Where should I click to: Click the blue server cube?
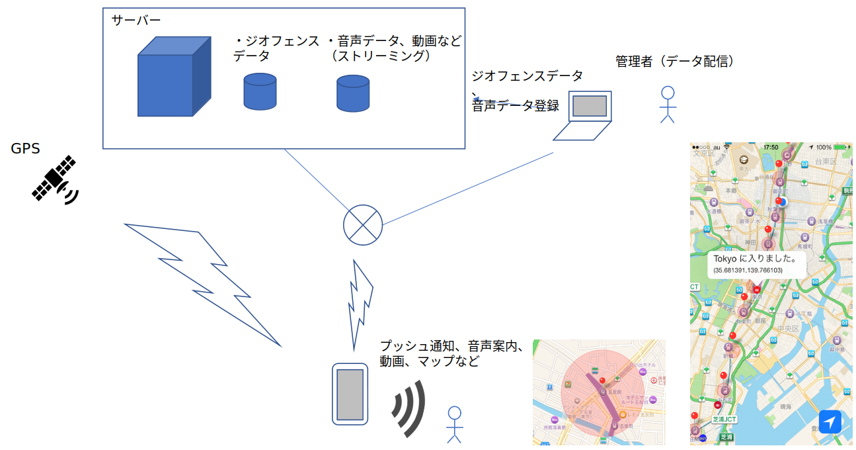tap(173, 78)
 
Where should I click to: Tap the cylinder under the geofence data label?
tap(260, 91)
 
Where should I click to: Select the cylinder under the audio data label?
tap(352, 93)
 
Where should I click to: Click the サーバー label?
tap(136, 21)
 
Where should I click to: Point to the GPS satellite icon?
tap(56, 179)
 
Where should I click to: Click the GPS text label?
tap(26, 149)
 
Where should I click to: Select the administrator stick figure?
tap(668, 105)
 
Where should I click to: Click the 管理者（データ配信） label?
tap(675, 62)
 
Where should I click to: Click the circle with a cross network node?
tap(363, 225)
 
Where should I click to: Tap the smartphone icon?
tap(350, 394)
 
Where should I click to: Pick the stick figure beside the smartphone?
tap(454, 424)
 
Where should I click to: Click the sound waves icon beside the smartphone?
tap(409, 408)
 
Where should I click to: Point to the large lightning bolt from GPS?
tap(202, 281)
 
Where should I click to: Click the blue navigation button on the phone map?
tap(830, 422)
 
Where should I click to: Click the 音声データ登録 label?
tap(516, 105)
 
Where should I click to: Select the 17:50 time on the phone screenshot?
tap(770, 147)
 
